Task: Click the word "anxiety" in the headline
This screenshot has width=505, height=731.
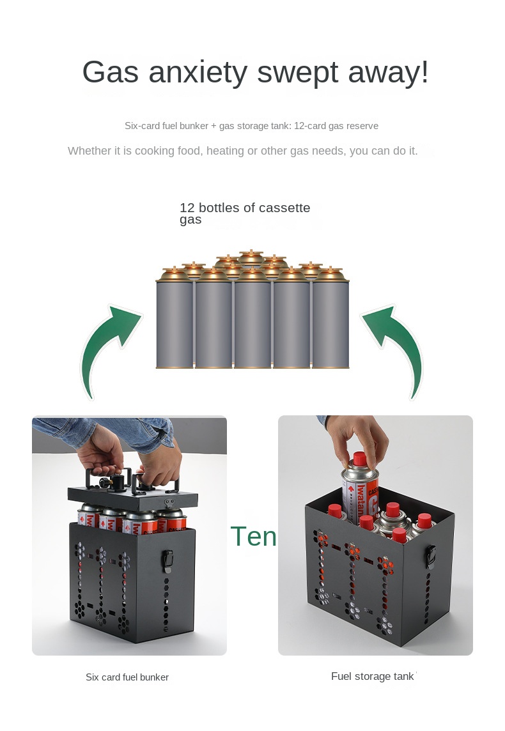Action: click(198, 73)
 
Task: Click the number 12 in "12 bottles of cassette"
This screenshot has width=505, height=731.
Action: click(187, 208)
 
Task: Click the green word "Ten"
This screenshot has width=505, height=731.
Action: click(253, 536)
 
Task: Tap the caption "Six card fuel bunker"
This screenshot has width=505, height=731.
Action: click(127, 677)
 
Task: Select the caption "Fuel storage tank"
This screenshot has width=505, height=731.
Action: click(373, 676)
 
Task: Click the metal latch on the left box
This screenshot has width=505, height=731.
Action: click(167, 561)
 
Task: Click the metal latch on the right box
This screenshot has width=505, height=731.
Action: click(431, 557)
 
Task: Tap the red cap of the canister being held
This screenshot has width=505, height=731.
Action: click(359, 459)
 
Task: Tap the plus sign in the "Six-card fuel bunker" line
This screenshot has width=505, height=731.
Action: click(214, 126)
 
